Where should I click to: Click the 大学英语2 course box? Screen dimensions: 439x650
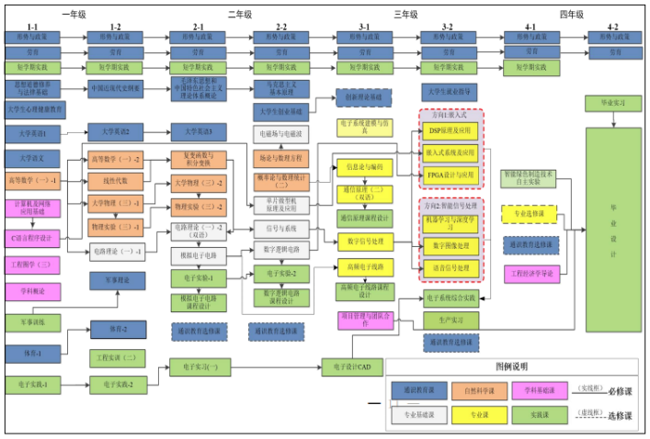[116, 132]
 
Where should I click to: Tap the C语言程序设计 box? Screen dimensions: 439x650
[32, 239]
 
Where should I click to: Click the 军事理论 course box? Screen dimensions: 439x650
[116, 280]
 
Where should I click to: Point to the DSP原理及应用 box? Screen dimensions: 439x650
[450, 131]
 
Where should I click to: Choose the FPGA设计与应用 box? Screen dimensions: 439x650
[450, 174]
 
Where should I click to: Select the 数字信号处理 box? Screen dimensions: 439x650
[366, 241]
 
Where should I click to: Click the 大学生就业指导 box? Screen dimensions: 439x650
[450, 91]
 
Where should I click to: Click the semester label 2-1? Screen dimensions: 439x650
[199, 28]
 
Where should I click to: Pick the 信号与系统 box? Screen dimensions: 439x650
[281, 228]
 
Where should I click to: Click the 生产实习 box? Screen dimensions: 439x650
[450, 319]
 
